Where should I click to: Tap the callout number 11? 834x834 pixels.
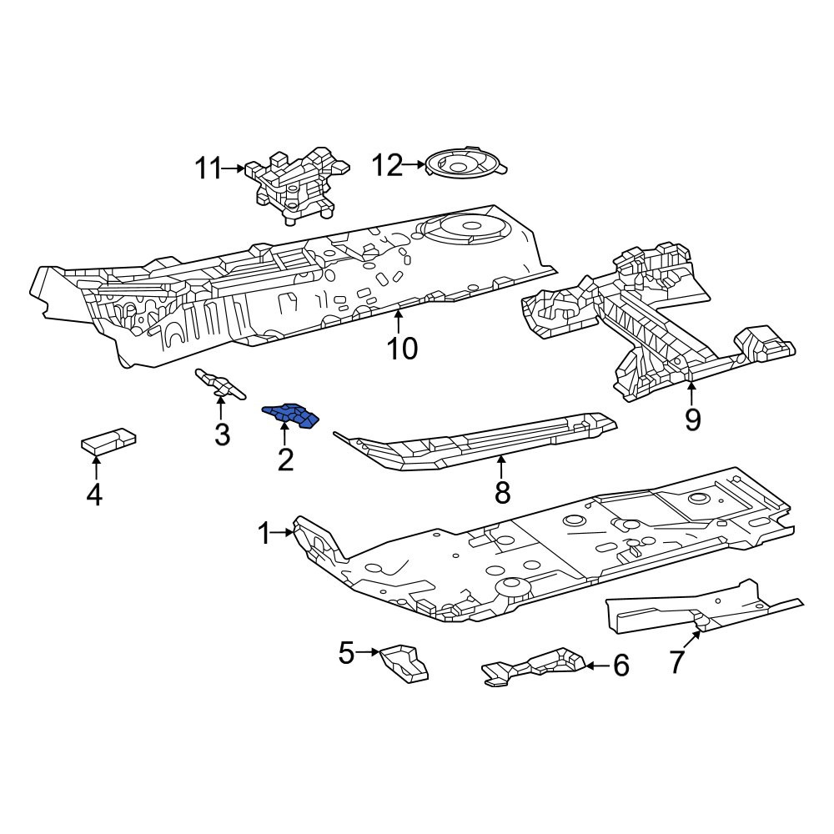(208, 169)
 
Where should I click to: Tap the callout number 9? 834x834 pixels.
(692, 420)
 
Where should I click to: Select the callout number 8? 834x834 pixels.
(503, 492)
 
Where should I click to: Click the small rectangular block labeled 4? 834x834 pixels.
(109, 440)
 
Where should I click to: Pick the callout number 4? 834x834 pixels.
(94, 495)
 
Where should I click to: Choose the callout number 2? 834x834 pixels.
(285, 460)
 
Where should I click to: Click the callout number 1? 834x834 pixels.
(264, 534)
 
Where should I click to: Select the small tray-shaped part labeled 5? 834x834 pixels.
(403, 663)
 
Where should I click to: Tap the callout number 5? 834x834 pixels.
(346, 653)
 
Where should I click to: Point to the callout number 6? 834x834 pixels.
(621, 666)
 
